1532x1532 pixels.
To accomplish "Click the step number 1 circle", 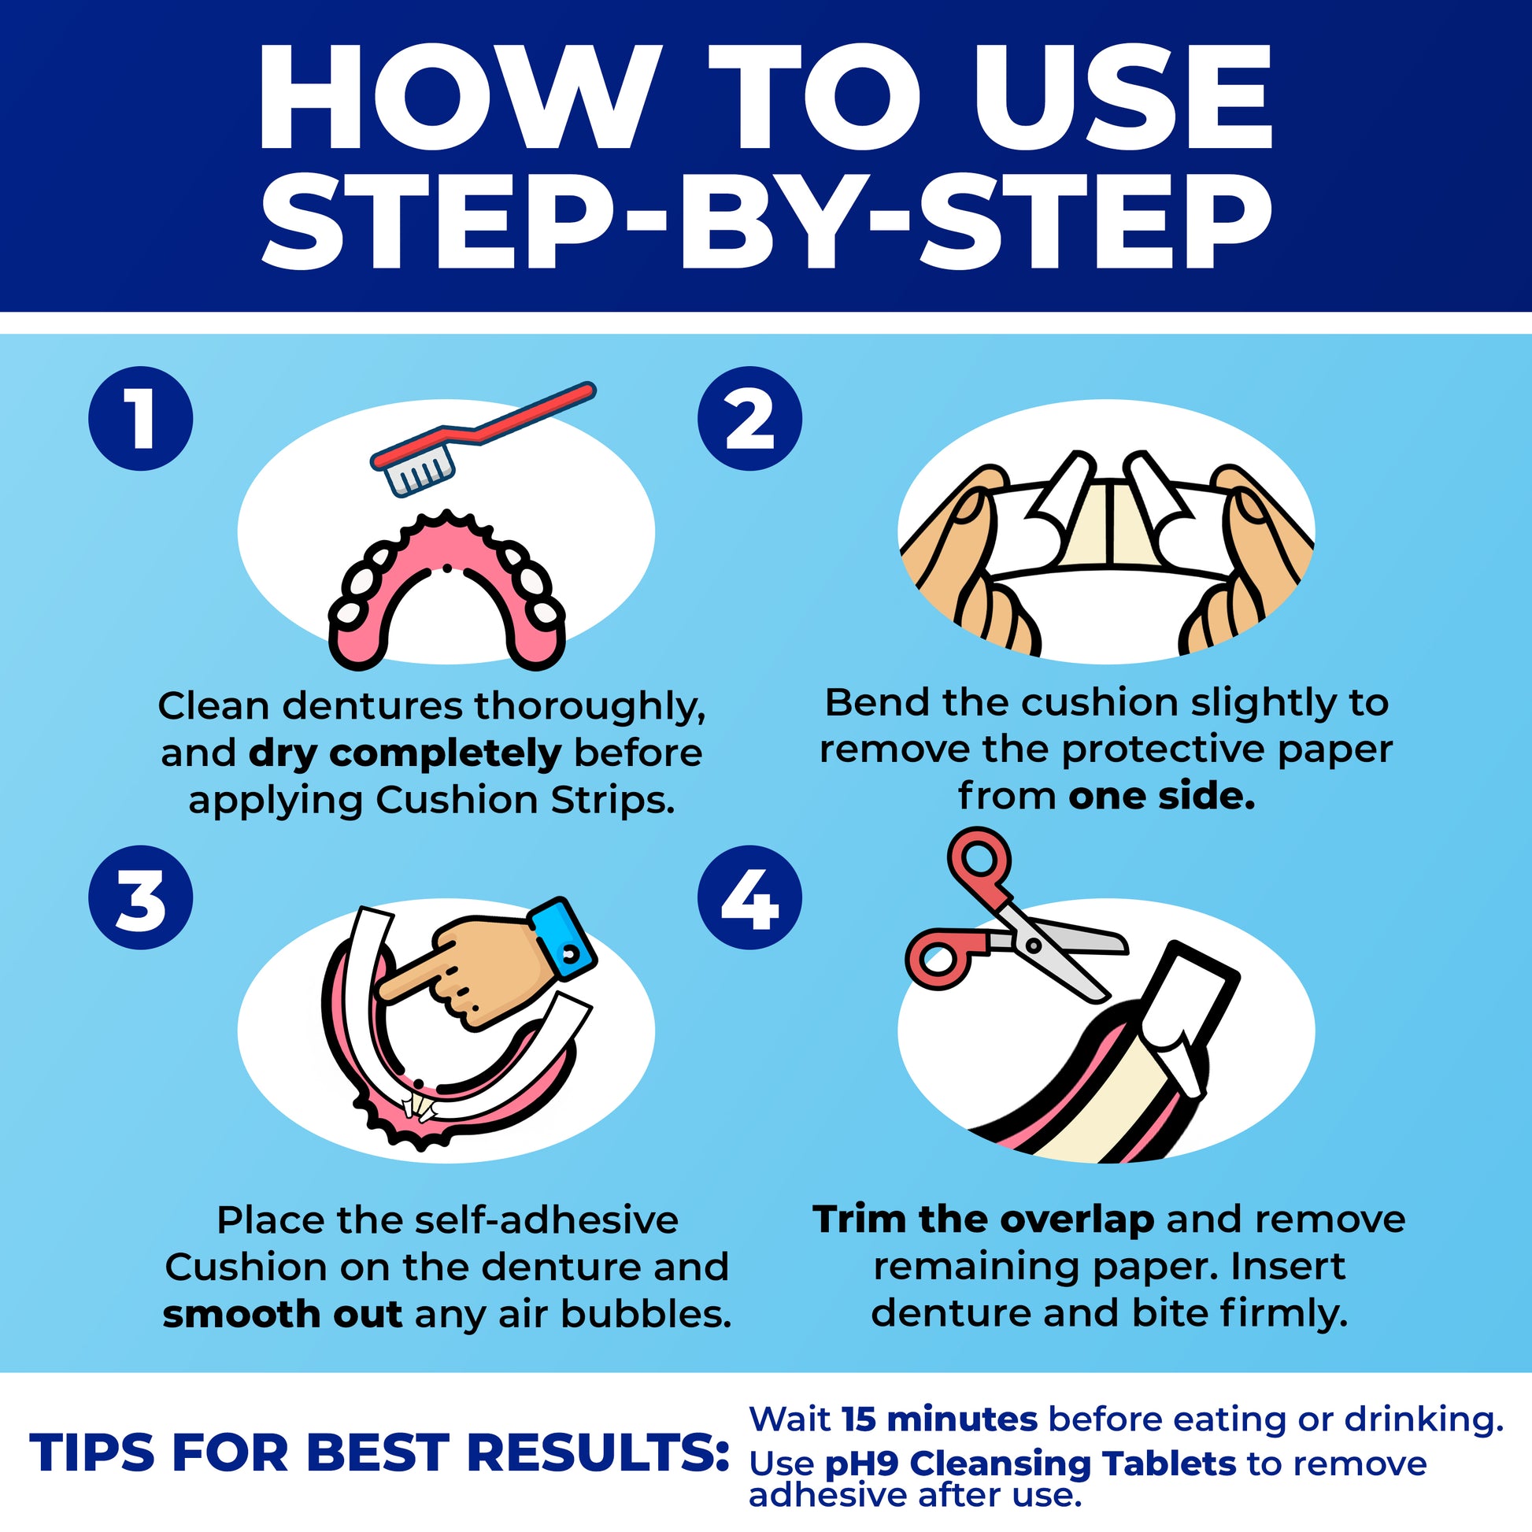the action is click(x=140, y=419).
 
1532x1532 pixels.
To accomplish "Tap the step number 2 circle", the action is click(x=749, y=419).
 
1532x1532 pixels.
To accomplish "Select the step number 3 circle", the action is click(x=140, y=897).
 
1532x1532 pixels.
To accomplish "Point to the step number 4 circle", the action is click(x=749, y=897).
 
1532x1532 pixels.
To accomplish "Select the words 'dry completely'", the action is click(x=405, y=753).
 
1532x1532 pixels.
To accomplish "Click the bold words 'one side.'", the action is click(x=1162, y=796).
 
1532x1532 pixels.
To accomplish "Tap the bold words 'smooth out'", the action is click(x=283, y=1315).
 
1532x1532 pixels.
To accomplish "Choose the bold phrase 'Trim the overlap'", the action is click(x=983, y=1219).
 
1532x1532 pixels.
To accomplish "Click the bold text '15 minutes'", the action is click(x=940, y=1419).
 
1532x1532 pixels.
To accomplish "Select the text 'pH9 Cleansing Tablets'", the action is click(x=1030, y=1464).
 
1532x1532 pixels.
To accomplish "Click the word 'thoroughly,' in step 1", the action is click(x=590, y=705).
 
